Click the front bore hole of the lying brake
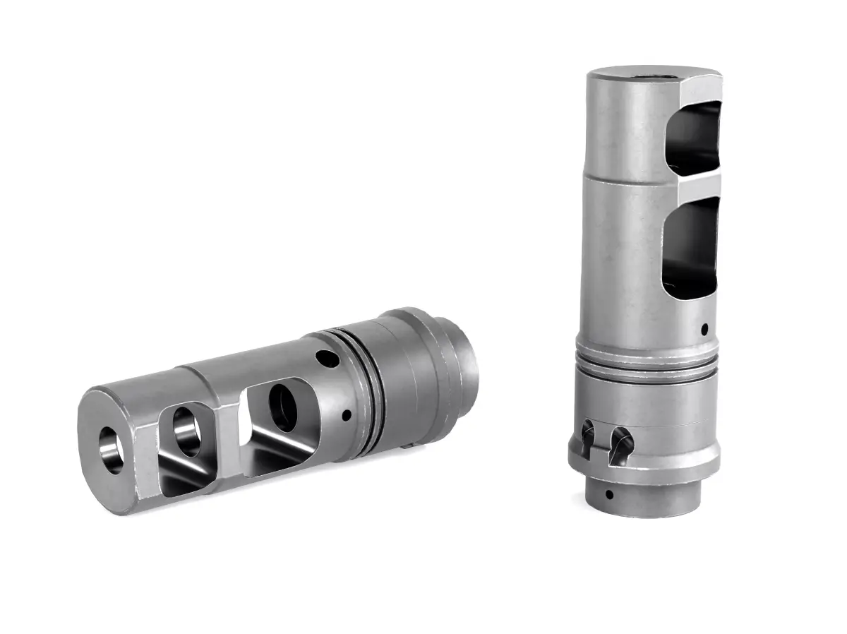point(112,450)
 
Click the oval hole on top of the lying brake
point(326,359)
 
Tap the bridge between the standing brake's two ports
point(695,185)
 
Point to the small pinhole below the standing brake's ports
point(705,328)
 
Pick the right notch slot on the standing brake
point(621,444)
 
